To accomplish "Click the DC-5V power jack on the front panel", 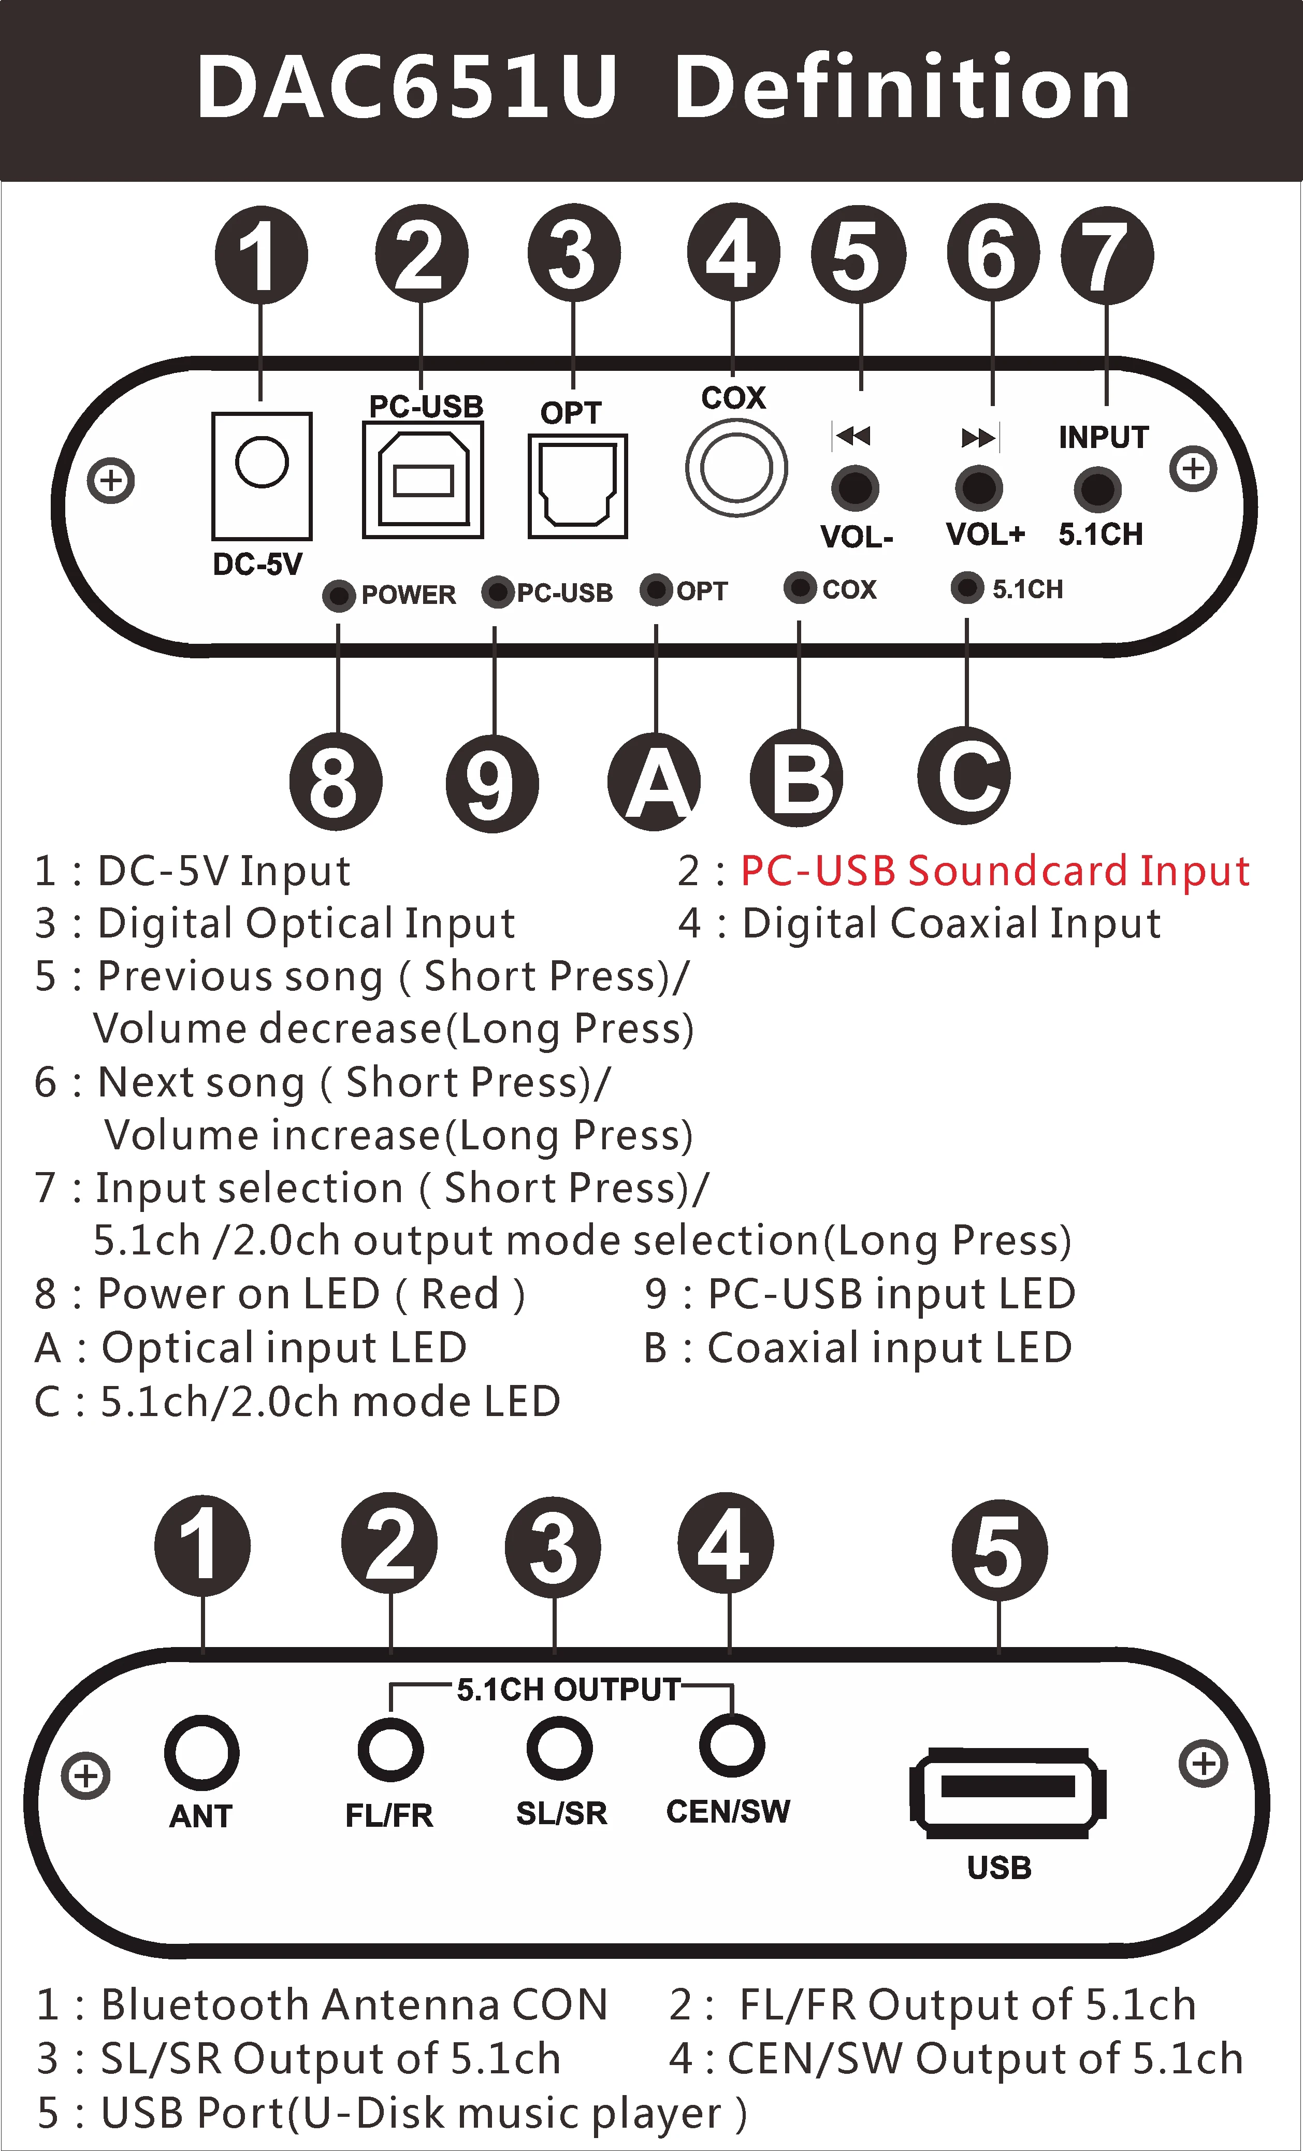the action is click(x=262, y=476).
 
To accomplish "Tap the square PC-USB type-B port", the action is click(x=423, y=480).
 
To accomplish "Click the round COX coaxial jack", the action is click(x=736, y=467).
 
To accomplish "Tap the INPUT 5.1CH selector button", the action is click(x=1097, y=489).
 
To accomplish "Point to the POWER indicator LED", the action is click(x=339, y=595).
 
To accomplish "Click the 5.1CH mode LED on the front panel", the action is click(x=966, y=587).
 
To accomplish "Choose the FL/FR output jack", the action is click(x=390, y=1749).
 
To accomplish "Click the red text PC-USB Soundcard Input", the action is click(x=995, y=871).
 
